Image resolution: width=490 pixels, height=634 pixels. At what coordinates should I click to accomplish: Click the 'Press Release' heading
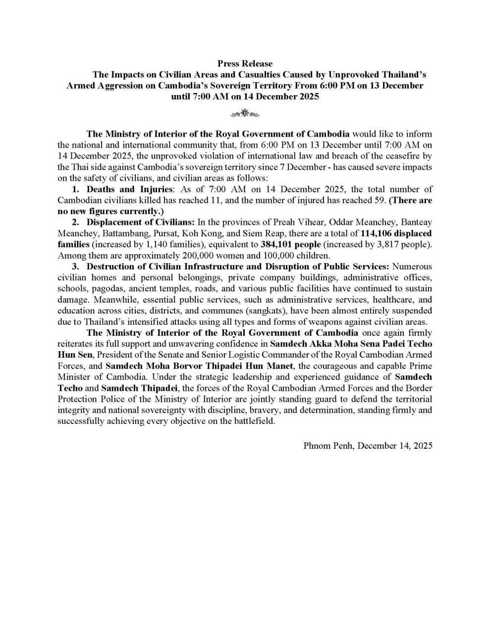tap(245, 63)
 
